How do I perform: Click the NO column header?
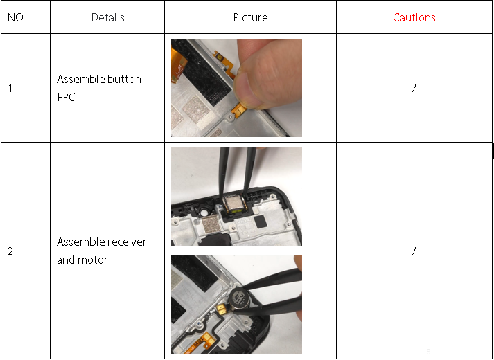pos(15,17)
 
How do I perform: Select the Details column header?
pos(108,17)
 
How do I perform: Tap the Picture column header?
pos(251,17)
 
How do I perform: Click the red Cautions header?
pos(414,17)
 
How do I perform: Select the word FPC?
pos(66,97)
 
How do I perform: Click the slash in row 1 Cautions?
pos(414,88)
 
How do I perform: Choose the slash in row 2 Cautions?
pos(414,251)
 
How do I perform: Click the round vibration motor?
pos(239,298)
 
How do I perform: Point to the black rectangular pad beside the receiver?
pos(261,222)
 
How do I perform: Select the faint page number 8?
pos(428,352)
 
